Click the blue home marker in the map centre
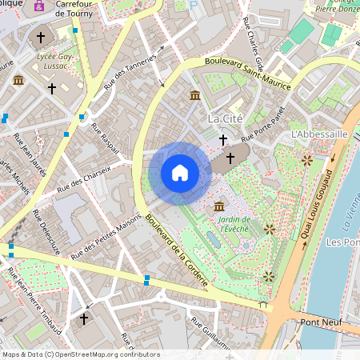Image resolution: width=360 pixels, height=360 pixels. point(180,173)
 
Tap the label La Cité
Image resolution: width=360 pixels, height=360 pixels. point(225,118)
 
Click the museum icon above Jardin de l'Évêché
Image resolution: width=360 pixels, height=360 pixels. point(219,207)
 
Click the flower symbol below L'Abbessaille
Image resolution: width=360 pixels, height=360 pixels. point(306,161)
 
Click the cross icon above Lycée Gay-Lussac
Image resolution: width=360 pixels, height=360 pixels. point(42,37)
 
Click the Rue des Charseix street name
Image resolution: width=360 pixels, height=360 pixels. point(84,183)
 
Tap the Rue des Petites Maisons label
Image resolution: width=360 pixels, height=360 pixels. point(106,235)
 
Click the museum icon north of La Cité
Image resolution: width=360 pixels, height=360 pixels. point(195,97)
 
